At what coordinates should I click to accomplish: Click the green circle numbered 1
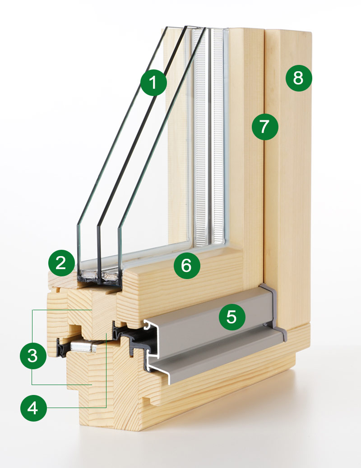coord(153,83)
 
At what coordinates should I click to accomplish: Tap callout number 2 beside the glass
coord(61,263)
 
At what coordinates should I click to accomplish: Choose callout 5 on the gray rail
coord(231,317)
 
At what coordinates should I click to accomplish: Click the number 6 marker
coord(187,266)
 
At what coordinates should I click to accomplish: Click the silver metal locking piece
coord(82,346)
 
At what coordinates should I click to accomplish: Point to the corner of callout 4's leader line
coord(106,407)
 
